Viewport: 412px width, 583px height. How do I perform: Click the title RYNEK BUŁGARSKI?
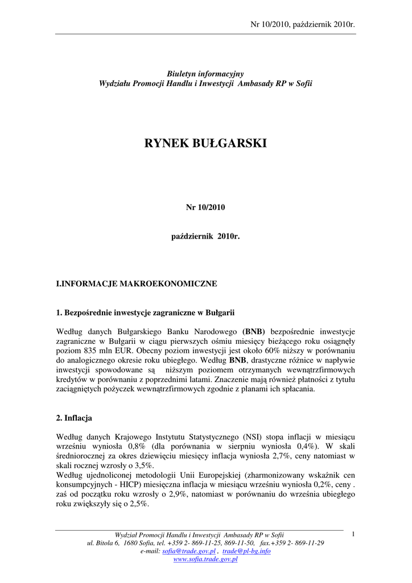click(x=205, y=143)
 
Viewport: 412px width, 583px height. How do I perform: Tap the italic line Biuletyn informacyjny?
click(x=205, y=74)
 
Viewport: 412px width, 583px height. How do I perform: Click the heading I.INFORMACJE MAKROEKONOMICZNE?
click(x=137, y=284)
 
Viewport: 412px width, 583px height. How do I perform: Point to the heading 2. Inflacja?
click(x=74, y=418)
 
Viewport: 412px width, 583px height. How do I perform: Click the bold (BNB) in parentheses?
click(x=254, y=331)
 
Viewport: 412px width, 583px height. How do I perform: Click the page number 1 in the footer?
click(x=353, y=534)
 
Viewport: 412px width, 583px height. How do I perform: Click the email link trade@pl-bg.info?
click(x=246, y=551)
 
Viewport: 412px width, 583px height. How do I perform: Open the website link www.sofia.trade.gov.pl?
click(x=205, y=560)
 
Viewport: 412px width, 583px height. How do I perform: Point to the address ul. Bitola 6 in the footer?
click(x=103, y=543)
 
